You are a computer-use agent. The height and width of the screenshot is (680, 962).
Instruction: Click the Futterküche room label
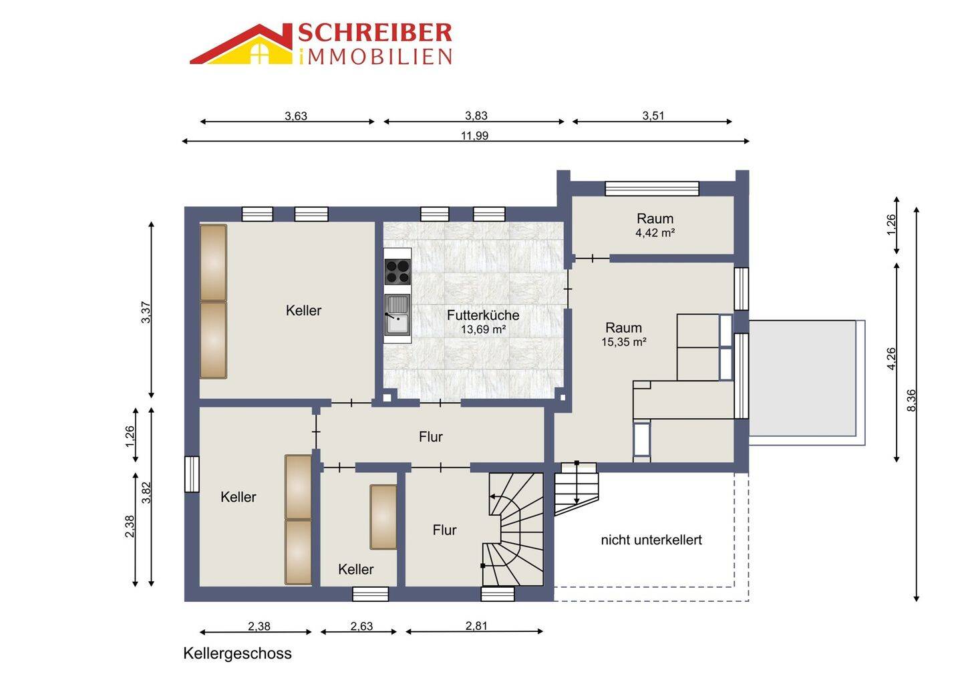(x=483, y=315)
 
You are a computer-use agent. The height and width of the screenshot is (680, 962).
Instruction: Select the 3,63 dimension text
(x=296, y=116)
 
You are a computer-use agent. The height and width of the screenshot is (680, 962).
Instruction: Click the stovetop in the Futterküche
(x=397, y=271)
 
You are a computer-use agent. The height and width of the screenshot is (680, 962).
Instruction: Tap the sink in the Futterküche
(x=397, y=314)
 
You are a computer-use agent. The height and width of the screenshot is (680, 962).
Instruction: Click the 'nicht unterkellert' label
(x=651, y=540)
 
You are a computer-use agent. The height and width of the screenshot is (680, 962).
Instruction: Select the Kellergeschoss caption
(x=238, y=653)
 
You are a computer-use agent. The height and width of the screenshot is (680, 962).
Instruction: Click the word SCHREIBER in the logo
(x=375, y=33)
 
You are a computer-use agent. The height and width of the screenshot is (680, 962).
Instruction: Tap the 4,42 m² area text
(x=655, y=232)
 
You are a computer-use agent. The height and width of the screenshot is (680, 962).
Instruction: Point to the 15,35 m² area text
(x=623, y=342)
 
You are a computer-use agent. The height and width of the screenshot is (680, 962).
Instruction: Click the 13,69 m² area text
(x=483, y=329)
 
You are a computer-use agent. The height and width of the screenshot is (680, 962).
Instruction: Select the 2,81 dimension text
(x=476, y=626)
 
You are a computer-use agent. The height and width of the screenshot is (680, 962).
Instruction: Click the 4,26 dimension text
(x=892, y=359)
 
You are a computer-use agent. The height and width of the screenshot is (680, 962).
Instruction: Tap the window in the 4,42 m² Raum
(x=652, y=188)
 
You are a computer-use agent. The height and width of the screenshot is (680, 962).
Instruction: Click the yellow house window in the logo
(x=261, y=55)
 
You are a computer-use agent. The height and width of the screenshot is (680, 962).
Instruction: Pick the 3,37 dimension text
(x=146, y=313)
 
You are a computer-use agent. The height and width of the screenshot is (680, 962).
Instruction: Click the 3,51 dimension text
(x=653, y=116)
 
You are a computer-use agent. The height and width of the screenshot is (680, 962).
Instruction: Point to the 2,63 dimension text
(x=361, y=627)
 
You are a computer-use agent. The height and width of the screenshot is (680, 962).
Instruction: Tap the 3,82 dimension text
(x=146, y=492)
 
